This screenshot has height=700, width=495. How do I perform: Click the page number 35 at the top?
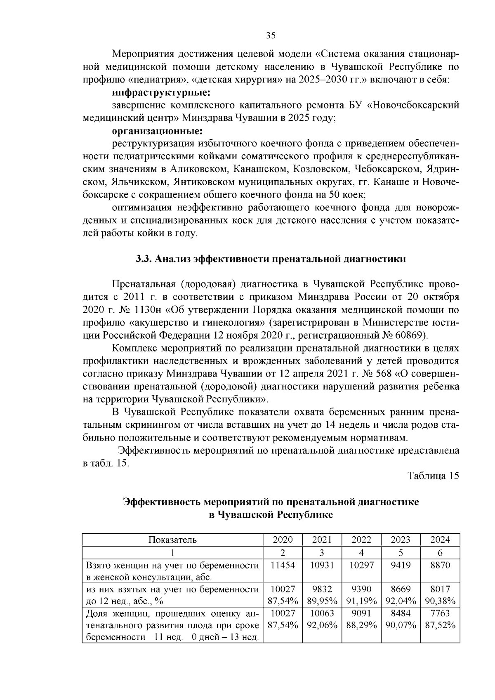271,35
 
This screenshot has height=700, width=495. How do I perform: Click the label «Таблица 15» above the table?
433,476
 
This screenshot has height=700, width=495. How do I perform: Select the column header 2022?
361,540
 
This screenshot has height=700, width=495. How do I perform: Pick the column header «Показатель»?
172,540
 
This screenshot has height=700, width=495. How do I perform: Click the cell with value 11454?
283,565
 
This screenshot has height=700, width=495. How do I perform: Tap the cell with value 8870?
440,565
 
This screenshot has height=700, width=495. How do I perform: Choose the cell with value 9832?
322,589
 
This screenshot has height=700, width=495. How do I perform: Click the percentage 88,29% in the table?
361,625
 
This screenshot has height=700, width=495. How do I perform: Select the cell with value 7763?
440,613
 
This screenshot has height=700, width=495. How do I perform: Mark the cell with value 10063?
322,613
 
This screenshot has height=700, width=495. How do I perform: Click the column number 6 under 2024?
440,553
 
